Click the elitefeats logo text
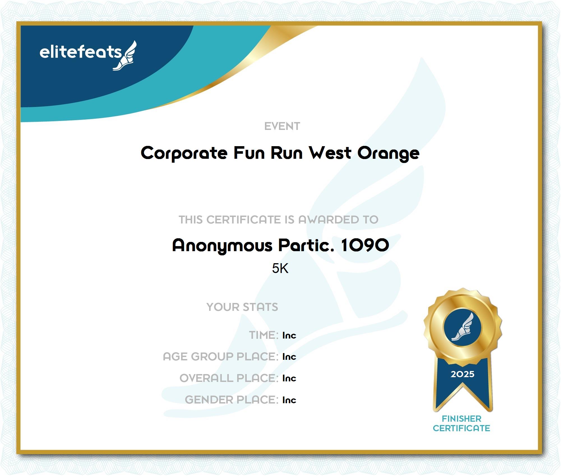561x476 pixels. [x=81, y=52]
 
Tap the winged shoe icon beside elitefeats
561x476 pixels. [x=125, y=55]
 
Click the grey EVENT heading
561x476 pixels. [x=282, y=126]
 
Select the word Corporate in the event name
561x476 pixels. [x=184, y=153]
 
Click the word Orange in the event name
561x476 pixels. [x=388, y=153]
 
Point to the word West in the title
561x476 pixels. [x=330, y=153]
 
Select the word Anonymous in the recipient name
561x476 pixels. [x=222, y=246]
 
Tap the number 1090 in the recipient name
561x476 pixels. [x=365, y=245]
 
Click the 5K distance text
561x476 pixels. [x=280, y=268]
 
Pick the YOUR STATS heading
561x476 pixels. [x=242, y=307]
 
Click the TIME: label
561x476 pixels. [x=264, y=335]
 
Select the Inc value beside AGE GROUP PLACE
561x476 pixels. [x=289, y=357]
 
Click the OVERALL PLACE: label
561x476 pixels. [x=229, y=378]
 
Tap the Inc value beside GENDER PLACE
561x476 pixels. [x=289, y=400]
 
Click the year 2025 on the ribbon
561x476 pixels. [x=463, y=374]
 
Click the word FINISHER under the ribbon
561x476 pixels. [x=461, y=419]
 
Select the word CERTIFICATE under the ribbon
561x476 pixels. [x=461, y=428]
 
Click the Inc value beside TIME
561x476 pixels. [x=289, y=335]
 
